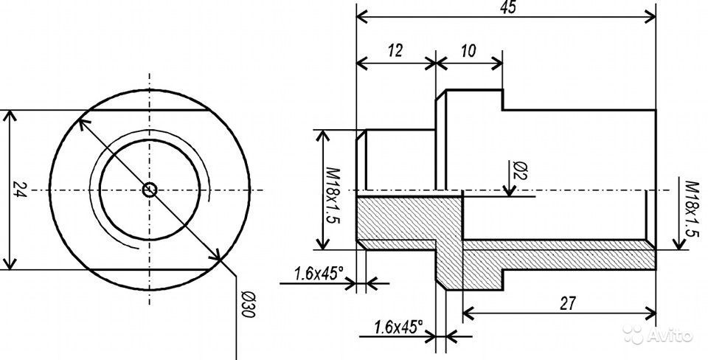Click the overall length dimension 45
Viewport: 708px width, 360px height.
(x=508, y=7)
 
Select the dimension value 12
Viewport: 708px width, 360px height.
(x=395, y=51)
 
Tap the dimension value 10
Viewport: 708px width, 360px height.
(x=469, y=51)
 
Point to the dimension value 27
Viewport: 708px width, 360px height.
(x=568, y=303)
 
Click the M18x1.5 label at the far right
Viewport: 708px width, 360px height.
(x=691, y=209)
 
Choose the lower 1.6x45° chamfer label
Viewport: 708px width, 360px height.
(x=398, y=326)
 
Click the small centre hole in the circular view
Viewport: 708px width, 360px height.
(x=150, y=190)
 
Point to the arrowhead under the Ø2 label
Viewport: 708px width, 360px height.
(x=510, y=192)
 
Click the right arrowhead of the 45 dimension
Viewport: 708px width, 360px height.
(x=650, y=17)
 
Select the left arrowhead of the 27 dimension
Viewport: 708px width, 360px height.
(x=469, y=313)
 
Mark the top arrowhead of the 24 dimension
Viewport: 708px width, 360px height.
(x=10, y=116)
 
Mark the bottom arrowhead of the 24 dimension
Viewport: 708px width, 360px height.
(x=10, y=264)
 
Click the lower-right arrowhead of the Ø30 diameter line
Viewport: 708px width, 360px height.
(x=215, y=255)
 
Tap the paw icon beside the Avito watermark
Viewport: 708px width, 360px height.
(x=634, y=335)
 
